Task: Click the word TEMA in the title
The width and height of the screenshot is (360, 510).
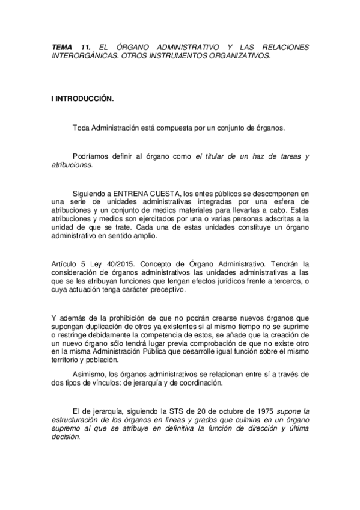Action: coord(61,47)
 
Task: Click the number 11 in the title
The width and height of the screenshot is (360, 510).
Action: coord(85,47)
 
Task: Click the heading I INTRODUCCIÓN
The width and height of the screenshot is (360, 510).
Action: coord(82,99)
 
